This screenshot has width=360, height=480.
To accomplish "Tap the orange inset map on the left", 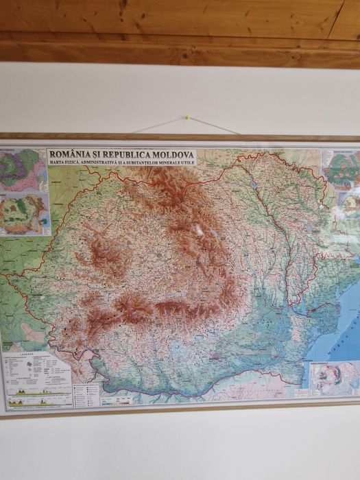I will point(24,214).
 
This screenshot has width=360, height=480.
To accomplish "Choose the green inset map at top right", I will point(341,169).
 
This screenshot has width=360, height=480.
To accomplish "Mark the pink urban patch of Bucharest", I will point(217,357).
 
